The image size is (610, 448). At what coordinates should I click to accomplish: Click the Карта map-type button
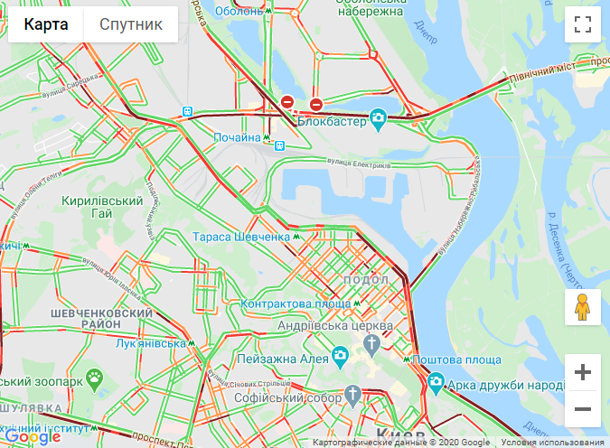46,24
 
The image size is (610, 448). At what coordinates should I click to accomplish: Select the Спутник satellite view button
131,24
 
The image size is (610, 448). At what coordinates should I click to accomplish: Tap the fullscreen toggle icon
583,24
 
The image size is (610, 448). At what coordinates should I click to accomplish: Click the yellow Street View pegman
583,308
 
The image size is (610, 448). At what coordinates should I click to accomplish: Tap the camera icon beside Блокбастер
378,117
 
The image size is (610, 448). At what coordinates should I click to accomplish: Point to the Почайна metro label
237,137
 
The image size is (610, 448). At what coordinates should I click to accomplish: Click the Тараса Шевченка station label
240,237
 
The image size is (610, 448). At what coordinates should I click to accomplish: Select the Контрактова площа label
284,304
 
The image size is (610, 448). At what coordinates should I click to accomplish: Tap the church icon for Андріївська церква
371,343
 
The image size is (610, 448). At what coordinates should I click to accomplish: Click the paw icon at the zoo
95,375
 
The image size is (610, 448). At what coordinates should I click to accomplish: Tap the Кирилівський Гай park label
103,207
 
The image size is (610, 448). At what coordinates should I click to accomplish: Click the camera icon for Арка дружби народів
436,382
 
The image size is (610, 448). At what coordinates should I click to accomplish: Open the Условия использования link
553,443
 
